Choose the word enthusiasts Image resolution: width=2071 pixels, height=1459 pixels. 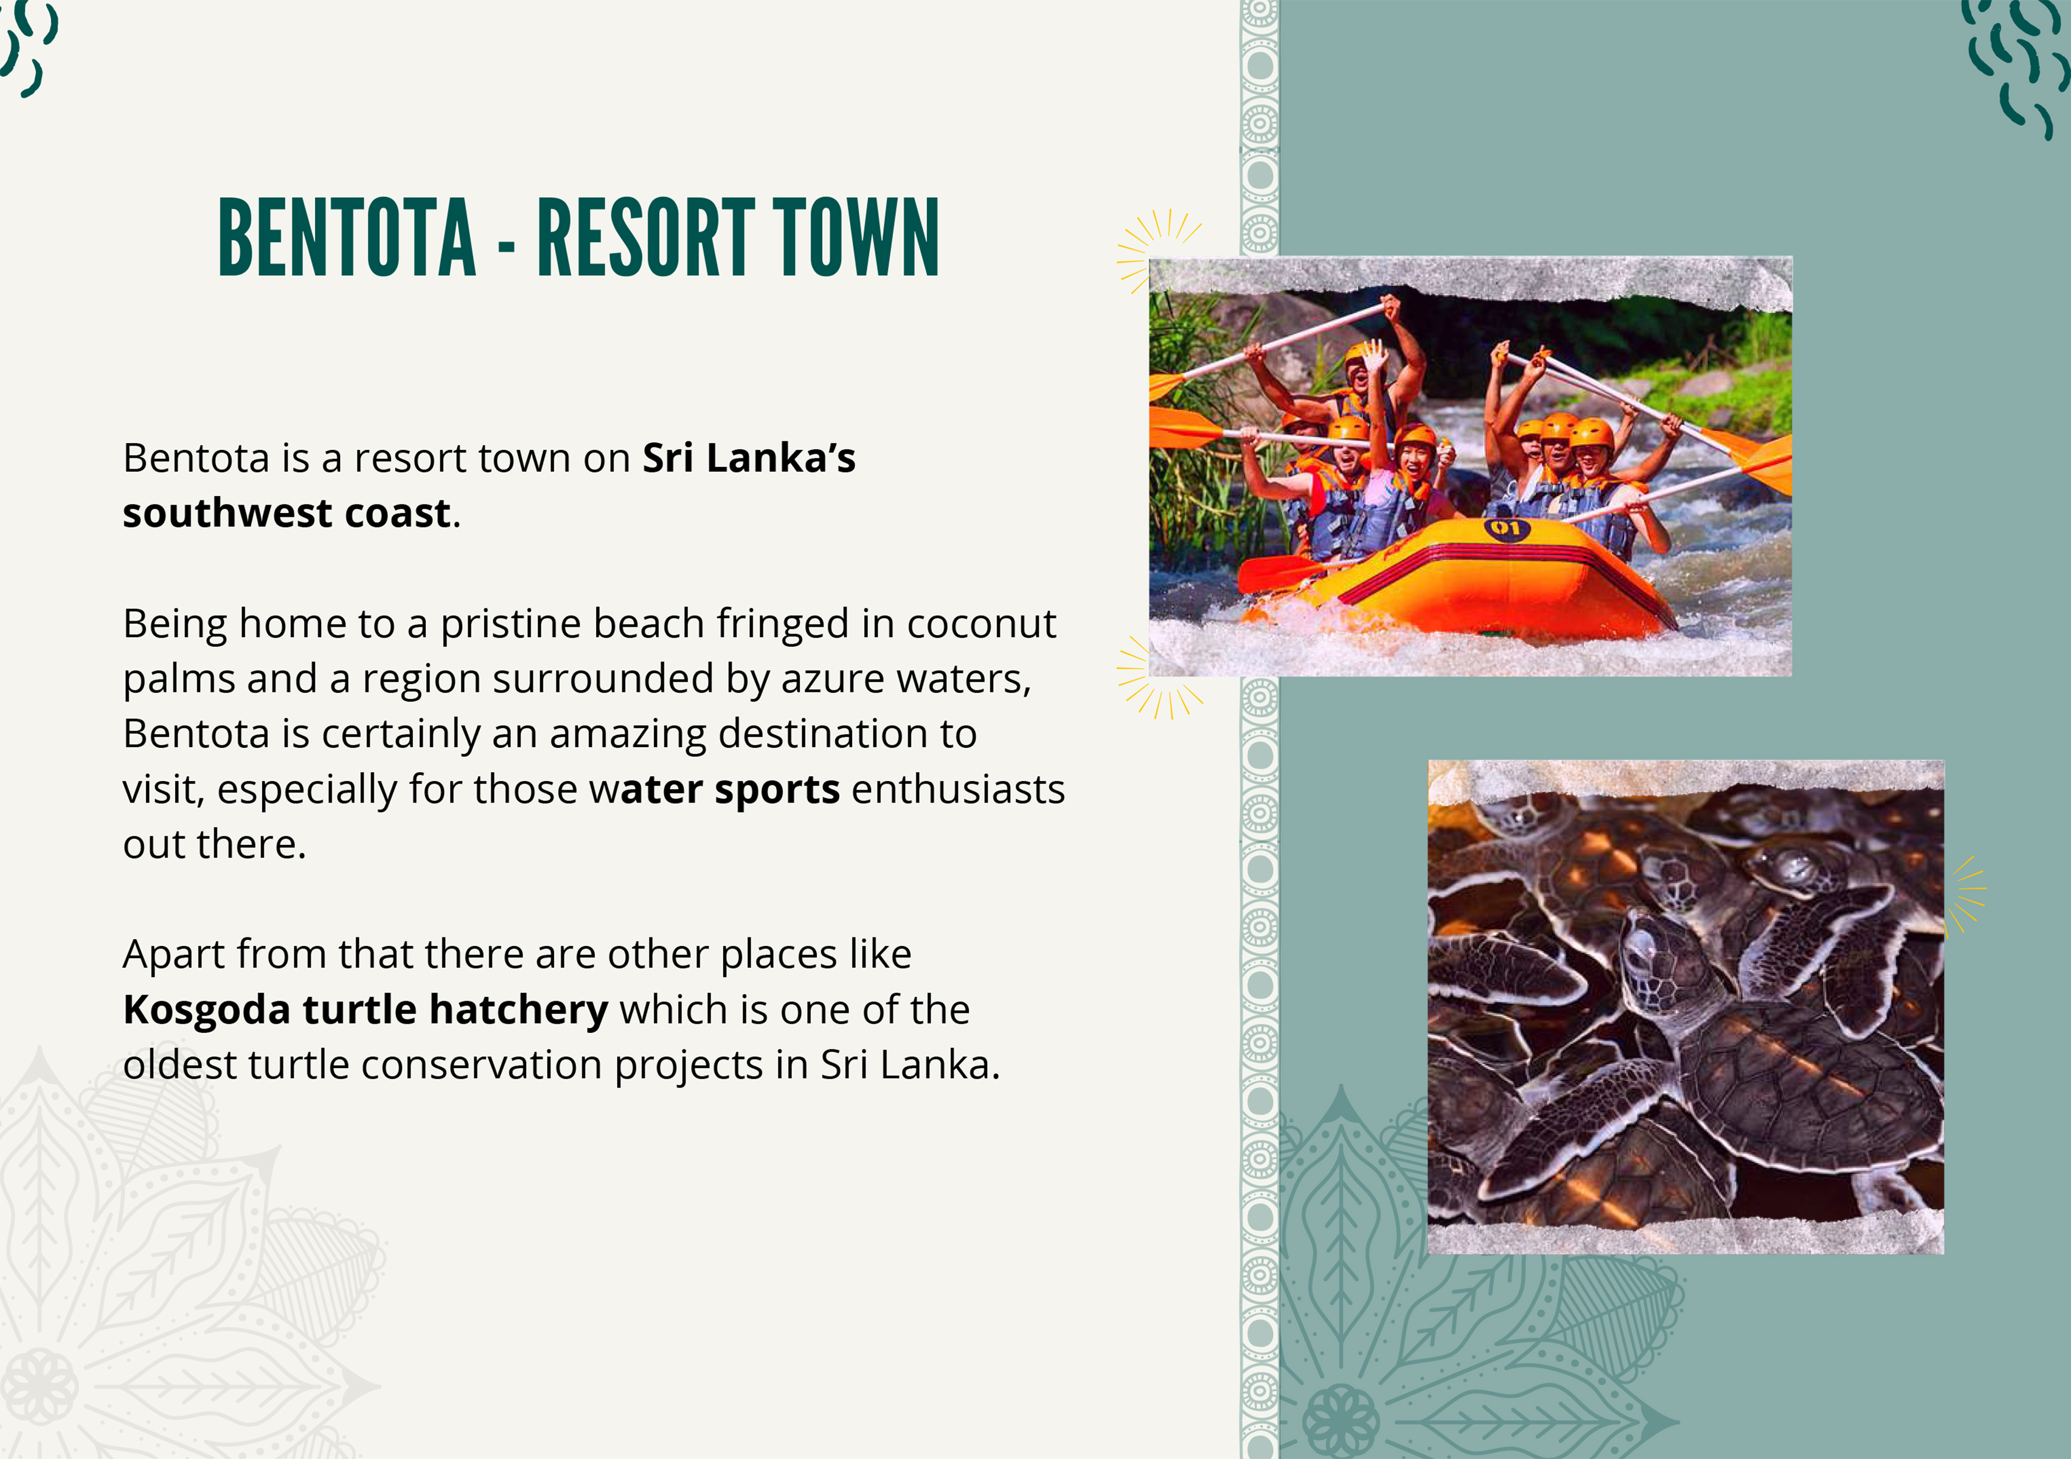[958, 789]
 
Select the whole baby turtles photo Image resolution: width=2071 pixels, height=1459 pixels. [1686, 1007]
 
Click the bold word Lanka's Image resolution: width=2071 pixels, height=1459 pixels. [781, 458]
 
